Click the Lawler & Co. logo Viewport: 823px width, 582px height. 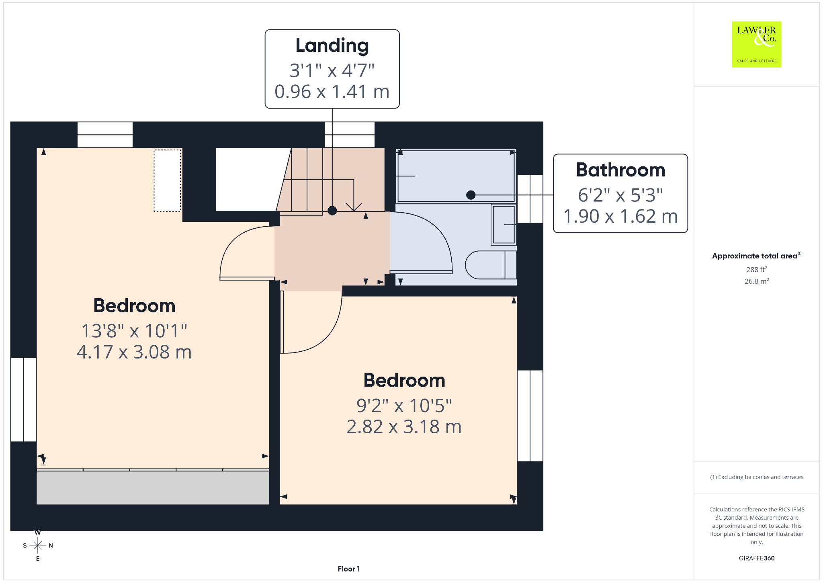[x=757, y=44]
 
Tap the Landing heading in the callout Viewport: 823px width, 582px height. [x=332, y=45]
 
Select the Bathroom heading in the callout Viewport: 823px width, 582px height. [x=620, y=170]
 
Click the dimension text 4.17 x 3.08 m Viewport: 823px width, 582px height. [x=134, y=352]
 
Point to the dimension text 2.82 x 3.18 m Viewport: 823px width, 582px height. [x=404, y=427]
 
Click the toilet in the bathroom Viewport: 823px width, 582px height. [x=491, y=265]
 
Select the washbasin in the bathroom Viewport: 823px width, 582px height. [x=504, y=225]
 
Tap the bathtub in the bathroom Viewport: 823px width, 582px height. [x=456, y=176]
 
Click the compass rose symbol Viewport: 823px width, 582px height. [x=38, y=545]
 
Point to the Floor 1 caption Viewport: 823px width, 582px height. [x=349, y=569]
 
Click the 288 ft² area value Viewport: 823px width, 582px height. [x=757, y=269]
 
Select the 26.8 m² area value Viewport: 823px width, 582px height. [x=757, y=281]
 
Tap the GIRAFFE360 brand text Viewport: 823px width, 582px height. [x=757, y=558]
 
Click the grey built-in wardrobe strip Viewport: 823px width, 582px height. [x=153, y=488]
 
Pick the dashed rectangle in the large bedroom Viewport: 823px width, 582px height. [x=167, y=180]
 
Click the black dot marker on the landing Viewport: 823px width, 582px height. [x=332, y=211]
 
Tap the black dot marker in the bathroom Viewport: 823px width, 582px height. [x=471, y=195]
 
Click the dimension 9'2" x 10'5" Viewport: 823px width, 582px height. [x=404, y=406]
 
